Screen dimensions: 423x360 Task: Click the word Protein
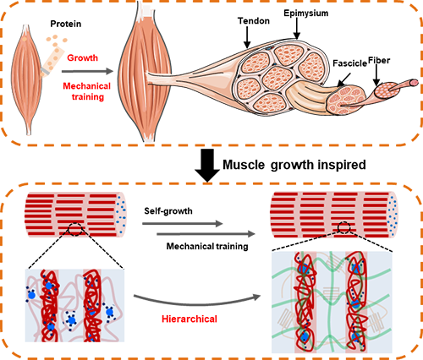point(66,24)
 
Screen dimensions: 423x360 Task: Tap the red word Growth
point(83,58)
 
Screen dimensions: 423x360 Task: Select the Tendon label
point(254,21)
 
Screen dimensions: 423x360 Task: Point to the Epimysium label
point(306,14)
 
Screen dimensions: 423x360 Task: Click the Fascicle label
point(349,63)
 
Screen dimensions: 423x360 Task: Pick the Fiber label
point(379,60)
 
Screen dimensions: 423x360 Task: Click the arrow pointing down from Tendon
point(247,37)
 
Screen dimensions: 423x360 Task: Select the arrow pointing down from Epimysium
point(297,30)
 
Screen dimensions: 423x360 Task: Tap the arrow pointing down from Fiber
point(376,76)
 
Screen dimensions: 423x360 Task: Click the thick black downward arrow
point(207,166)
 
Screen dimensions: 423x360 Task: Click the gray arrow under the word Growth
point(87,71)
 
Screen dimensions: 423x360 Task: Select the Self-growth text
point(168,211)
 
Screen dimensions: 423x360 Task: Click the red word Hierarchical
point(190,319)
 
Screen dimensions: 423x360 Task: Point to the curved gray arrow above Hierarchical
point(196,304)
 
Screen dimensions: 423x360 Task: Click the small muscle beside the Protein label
point(26,79)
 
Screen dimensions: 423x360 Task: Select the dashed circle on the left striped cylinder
point(75,229)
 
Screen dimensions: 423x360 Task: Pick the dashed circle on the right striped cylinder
point(344,227)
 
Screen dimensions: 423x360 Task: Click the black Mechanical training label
point(207,247)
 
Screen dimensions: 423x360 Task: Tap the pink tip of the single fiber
point(414,83)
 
